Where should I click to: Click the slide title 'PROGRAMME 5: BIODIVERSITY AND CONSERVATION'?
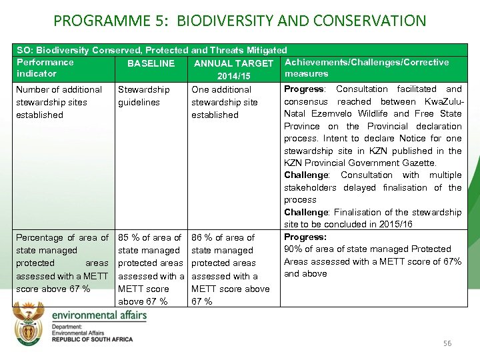[x=239, y=21]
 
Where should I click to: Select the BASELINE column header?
[x=151, y=64]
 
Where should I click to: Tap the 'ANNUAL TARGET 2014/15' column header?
[x=233, y=70]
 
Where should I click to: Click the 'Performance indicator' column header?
[x=45, y=68]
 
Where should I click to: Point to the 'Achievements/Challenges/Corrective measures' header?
[x=366, y=68]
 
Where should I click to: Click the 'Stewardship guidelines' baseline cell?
[x=143, y=96]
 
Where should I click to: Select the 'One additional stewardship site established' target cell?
[x=224, y=102]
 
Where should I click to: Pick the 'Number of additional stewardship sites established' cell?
[x=59, y=102]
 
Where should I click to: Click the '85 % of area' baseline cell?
[x=149, y=269]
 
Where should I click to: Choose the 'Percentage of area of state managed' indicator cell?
[x=62, y=263]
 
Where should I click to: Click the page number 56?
[x=447, y=343]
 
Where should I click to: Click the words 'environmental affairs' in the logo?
[x=99, y=315]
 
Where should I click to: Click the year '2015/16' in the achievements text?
[x=397, y=225]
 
